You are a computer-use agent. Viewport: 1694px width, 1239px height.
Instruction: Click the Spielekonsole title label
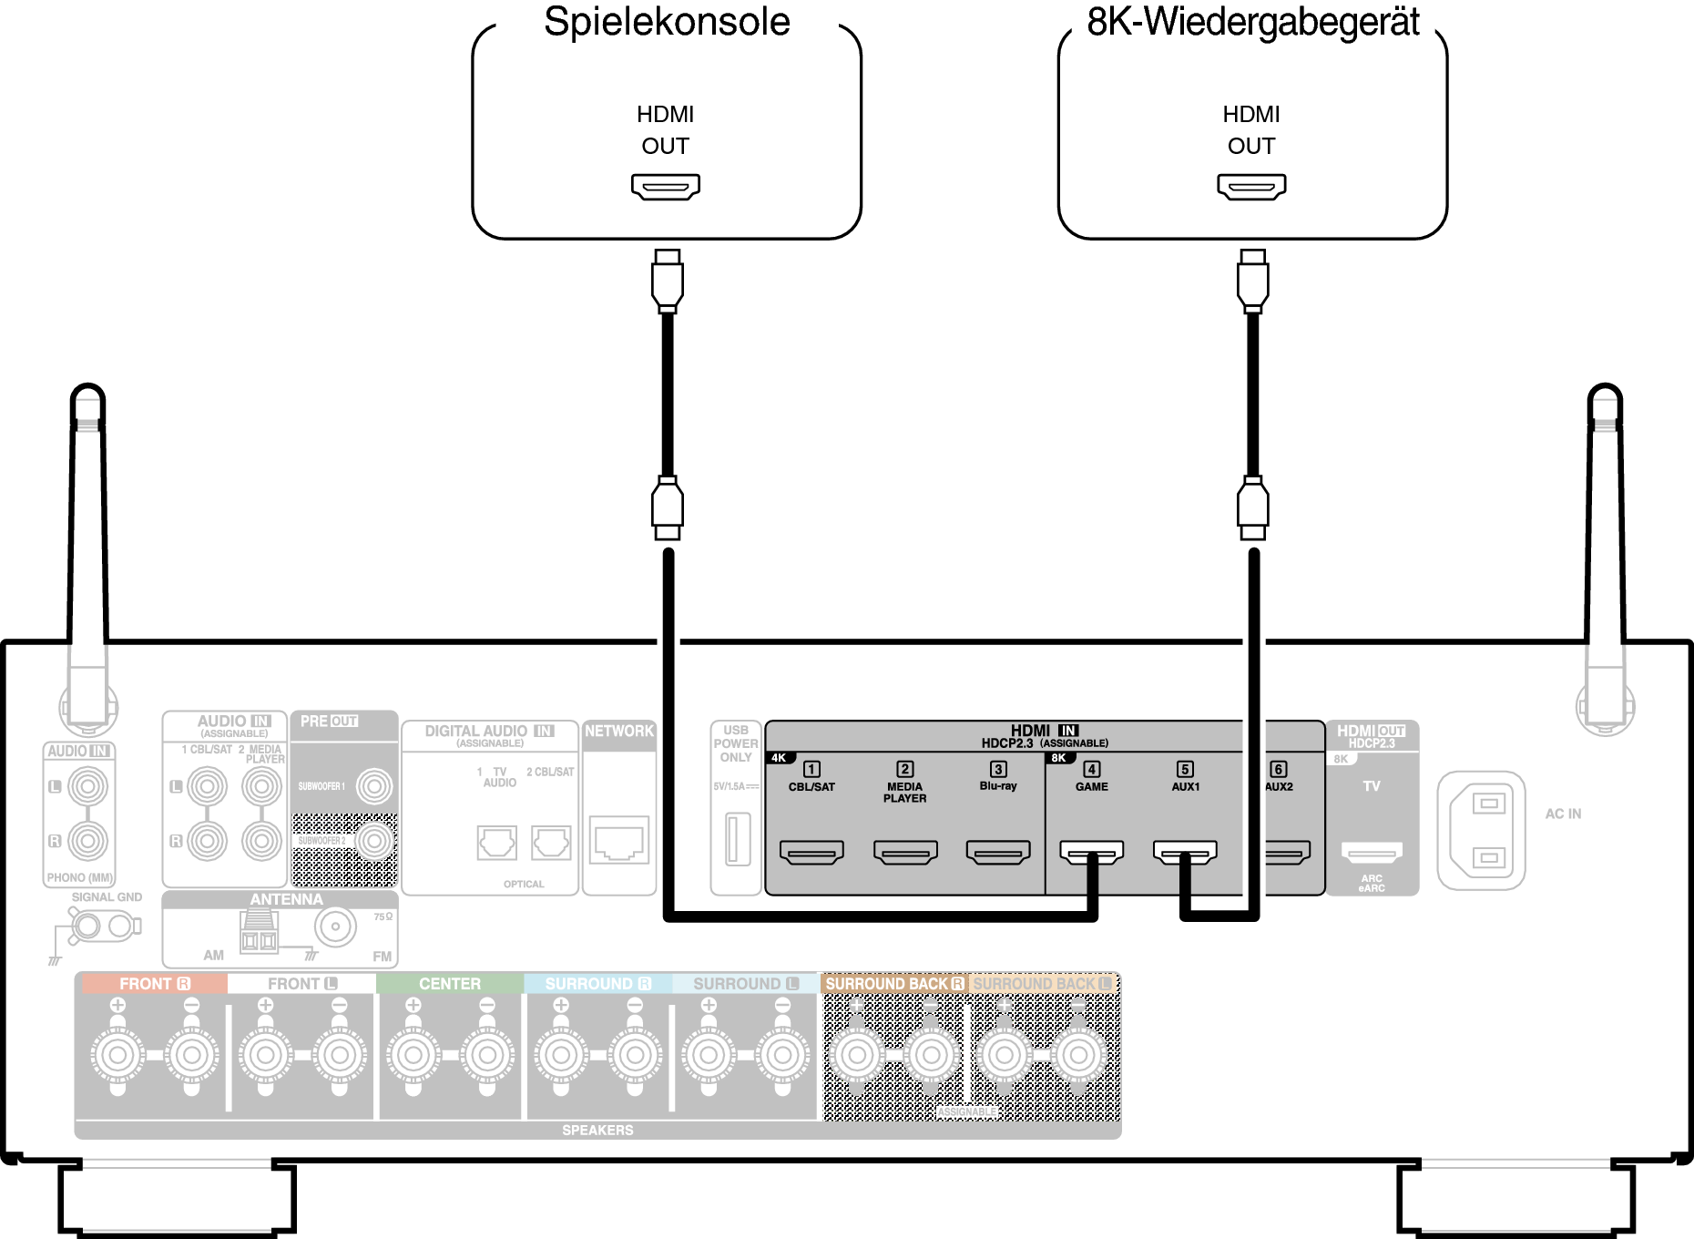(x=667, y=22)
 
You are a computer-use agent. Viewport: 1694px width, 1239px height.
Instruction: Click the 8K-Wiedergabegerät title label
(x=1252, y=22)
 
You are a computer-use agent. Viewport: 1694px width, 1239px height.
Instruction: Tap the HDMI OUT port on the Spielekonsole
(x=666, y=187)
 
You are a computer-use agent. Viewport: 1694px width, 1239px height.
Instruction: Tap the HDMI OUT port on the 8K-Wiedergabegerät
(x=1251, y=187)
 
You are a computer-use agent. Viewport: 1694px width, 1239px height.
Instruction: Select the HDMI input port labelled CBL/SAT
(x=811, y=852)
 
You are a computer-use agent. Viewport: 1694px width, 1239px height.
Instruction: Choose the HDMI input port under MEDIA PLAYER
(x=905, y=852)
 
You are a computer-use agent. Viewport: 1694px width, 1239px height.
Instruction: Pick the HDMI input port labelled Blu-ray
(x=998, y=852)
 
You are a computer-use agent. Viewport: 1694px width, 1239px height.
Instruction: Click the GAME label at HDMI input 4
(x=1091, y=787)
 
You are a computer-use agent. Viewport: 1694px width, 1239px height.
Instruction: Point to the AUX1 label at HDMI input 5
(x=1185, y=787)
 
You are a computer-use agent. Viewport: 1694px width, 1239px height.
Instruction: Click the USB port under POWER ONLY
(x=738, y=839)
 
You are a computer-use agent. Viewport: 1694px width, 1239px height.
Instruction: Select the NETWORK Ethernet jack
(x=619, y=839)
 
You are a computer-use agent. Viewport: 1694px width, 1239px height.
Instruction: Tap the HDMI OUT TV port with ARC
(x=1372, y=853)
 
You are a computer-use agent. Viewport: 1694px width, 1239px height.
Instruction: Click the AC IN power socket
(x=1481, y=831)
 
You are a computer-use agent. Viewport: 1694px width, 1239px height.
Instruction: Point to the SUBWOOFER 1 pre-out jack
(x=373, y=786)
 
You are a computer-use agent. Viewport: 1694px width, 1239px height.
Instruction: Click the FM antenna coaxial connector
(x=335, y=927)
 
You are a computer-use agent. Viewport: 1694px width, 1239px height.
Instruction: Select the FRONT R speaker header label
(x=154, y=984)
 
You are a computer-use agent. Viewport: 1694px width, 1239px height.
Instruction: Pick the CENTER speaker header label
(x=450, y=984)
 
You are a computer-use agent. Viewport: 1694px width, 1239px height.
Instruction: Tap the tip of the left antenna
(x=87, y=394)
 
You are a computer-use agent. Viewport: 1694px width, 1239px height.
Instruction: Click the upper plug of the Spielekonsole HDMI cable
(x=668, y=281)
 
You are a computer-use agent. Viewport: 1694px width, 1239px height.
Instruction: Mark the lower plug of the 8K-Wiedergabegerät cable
(x=1253, y=507)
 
